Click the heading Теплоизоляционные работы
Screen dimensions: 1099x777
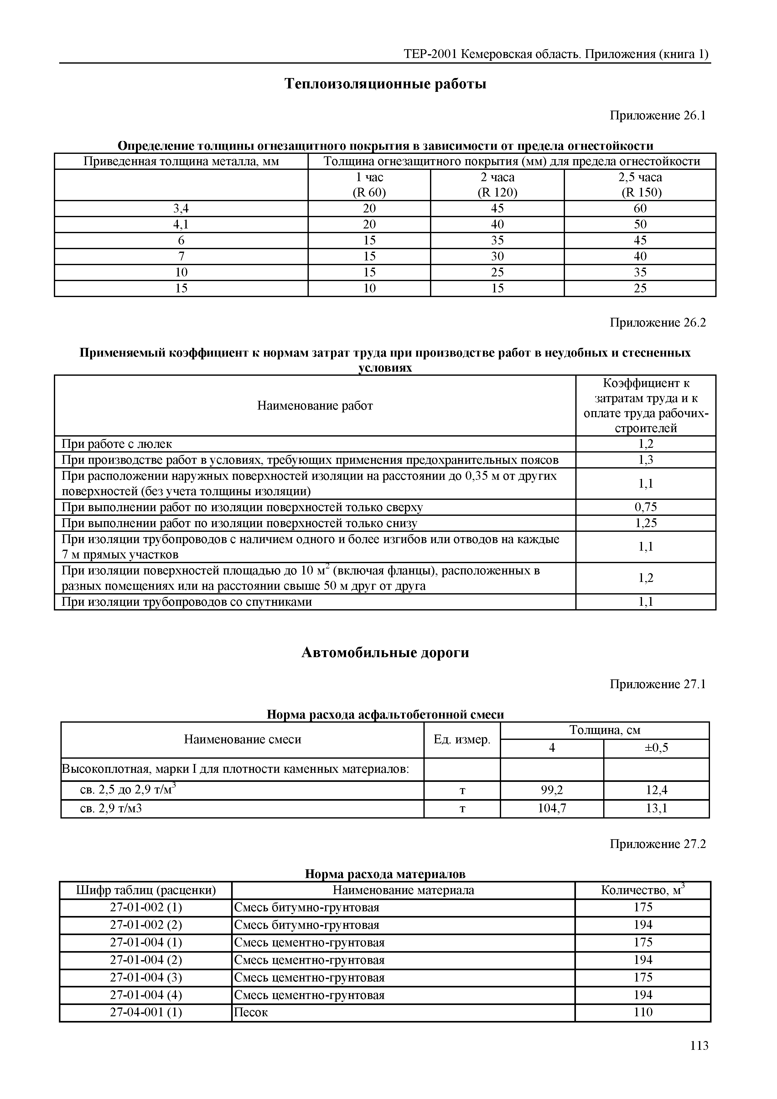coord(385,84)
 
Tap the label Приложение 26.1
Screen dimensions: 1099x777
coord(657,115)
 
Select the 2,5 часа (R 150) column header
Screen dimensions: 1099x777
coord(640,185)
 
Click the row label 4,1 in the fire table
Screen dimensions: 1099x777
coord(181,224)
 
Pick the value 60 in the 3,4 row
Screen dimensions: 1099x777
coord(640,208)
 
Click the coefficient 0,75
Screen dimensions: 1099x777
coord(645,507)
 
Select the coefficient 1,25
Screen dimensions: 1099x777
coord(645,523)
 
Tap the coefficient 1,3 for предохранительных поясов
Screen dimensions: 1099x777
coord(645,460)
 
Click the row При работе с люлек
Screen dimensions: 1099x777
coord(117,444)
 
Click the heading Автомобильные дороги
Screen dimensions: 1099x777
coord(385,653)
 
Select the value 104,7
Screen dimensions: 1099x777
coord(552,809)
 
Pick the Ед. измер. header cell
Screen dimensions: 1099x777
coord(462,740)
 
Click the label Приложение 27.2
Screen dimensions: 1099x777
coord(657,844)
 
